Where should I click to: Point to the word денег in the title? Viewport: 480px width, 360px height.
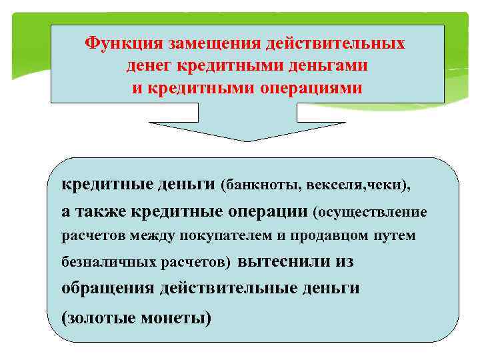pos(148,66)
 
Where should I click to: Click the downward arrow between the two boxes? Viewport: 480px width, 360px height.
pos(247,130)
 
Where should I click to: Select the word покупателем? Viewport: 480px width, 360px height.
pos(214,236)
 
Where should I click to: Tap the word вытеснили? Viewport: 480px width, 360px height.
pos(275,261)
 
